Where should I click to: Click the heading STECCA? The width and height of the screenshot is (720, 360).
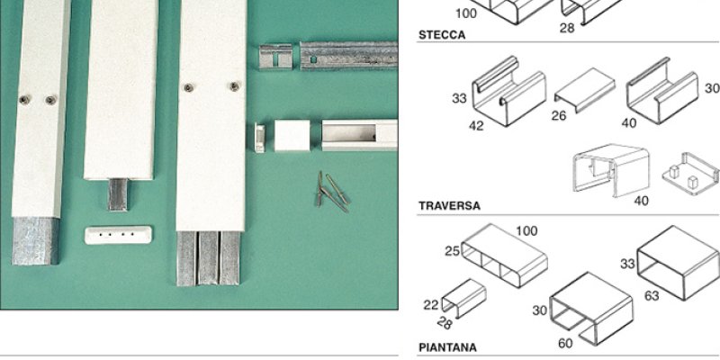click(x=442, y=35)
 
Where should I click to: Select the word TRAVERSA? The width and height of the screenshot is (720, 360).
click(x=449, y=206)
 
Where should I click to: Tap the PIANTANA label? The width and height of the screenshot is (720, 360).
click(x=447, y=347)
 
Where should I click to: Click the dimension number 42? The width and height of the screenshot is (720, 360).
click(x=476, y=126)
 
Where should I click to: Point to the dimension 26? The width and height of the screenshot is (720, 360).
click(x=559, y=116)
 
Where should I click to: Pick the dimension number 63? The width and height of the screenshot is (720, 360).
click(x=652, y=296)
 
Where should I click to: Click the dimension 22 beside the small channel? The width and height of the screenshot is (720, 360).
click(x=431, y=305)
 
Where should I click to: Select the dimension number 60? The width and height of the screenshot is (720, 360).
click(x=566, y=343)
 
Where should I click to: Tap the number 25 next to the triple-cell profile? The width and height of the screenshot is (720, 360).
click(x=453, y=251)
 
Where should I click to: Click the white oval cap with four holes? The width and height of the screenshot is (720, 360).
click(x=118, y=234)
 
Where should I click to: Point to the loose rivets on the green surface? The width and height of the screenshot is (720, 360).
click(x=332, y=192)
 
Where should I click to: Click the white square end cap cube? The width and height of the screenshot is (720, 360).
click(x=292, y=135)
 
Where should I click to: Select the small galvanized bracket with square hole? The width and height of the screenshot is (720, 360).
click(x=275, y=57)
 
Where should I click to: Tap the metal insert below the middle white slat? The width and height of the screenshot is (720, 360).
click(x=118, y=194)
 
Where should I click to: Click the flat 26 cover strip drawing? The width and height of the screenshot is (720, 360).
click(x=584, y=90)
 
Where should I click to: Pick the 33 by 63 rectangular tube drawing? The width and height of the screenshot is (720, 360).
click(x=679, y=263)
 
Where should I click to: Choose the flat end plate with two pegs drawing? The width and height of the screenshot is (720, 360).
click(x=690, y=174)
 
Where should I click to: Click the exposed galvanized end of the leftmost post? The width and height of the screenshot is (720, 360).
click(x=36, y=241)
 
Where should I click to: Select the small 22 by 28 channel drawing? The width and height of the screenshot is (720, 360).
click(x=463, y=298)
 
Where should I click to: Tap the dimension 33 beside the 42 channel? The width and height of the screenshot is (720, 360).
click(x=459, y=98)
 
